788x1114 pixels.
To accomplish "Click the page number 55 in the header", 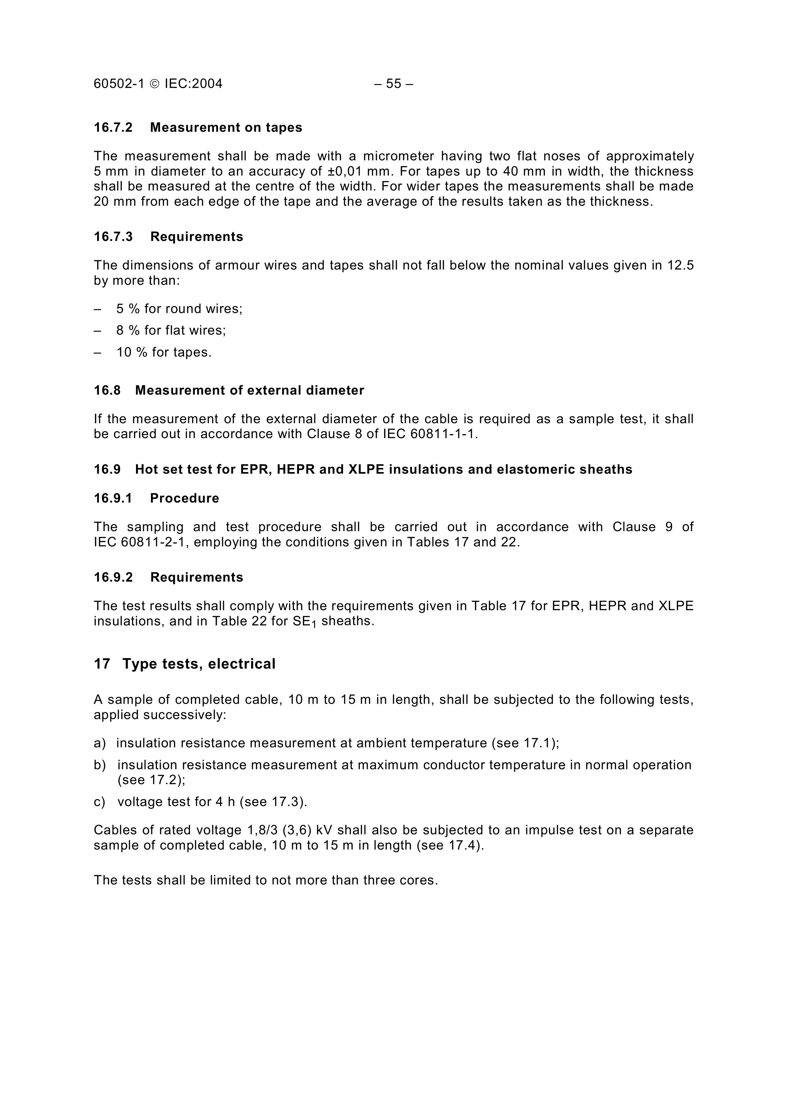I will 393,84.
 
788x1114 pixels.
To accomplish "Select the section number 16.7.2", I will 113,128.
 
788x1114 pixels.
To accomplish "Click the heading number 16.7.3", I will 113,237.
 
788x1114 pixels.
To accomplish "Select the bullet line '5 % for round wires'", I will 179,309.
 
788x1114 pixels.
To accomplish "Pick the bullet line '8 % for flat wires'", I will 171,330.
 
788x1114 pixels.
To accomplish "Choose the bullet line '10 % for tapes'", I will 164,352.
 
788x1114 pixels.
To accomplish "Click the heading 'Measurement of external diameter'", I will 249,390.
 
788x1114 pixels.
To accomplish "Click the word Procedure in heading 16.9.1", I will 185,498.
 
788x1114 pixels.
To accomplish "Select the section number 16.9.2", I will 113,577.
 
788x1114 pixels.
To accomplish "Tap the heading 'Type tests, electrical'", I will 199,664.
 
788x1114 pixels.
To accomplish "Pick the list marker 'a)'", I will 99,743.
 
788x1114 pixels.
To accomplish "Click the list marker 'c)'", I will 99,802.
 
